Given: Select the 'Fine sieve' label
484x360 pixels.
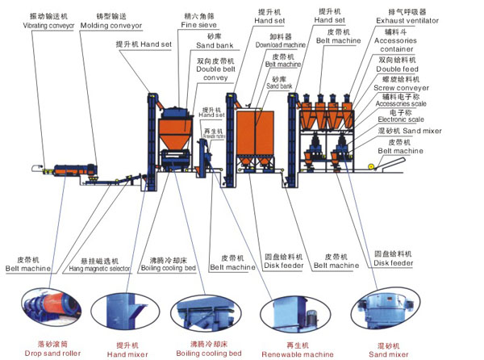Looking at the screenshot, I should [x=200, y=24].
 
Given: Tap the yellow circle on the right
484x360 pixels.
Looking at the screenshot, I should [x=371, y=166].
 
